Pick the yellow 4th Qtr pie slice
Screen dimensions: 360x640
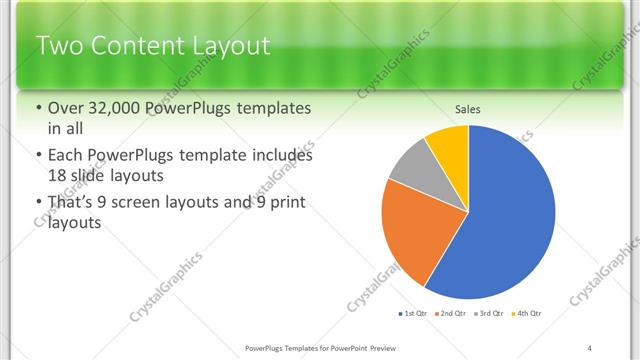click(x=451, y=147)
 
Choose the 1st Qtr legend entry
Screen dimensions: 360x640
click(x=413, y=314)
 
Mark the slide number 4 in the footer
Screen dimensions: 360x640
click(x=590, y=347)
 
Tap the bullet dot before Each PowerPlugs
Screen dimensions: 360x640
click(x=38, y=156)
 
